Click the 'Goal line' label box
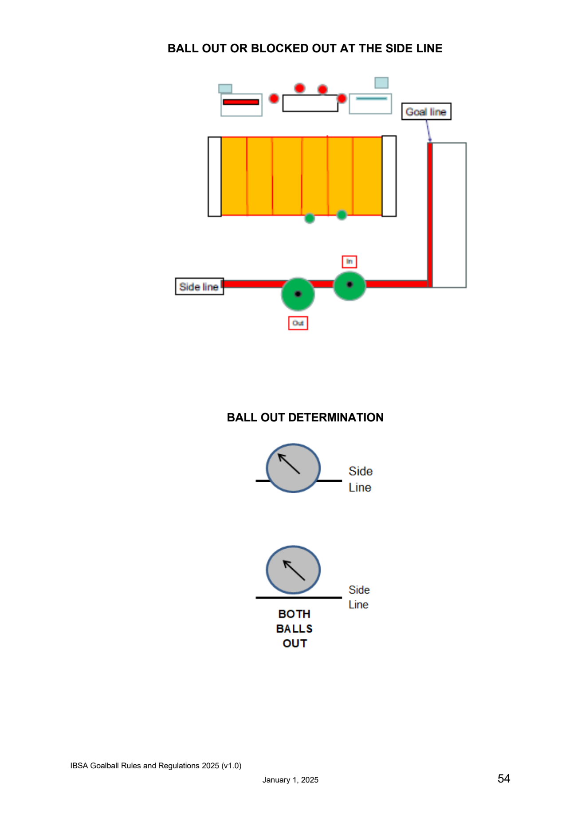pyautogui.click(x=426, y=111)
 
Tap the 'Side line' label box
pyautogui.click(x=199, y=287)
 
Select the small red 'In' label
pyautogui.click(x=349, y=262)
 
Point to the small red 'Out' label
pyautogui.click(x=298, y=323)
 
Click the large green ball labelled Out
pyautogui.click(x=298, y=294)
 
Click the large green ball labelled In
pyautogui.click(x=349, y=285)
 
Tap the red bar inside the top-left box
pyautogui.click(x=241, y=102)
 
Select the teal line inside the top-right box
pyautogui.click(x=372, y=98)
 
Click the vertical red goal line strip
pyautogui.click(x=430, y=215)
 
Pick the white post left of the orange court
pyautogui.click(x=215, y=177)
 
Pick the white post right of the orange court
pyautogui.click(x=389, y=176)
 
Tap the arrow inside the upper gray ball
pyautogui.click(x=289, y=464)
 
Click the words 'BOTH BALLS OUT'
pyautogui.click(x=294, y=629)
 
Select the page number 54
pyautogui.click(x=504, y=779)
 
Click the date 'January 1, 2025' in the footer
pyautogui.click(x=290, y=780)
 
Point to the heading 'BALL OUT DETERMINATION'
pyautogui.click(x=305, y=417)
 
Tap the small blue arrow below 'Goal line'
pyautogui.click(x=428, y=131)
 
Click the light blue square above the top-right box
pyautogui.click(x=381, y=83)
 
